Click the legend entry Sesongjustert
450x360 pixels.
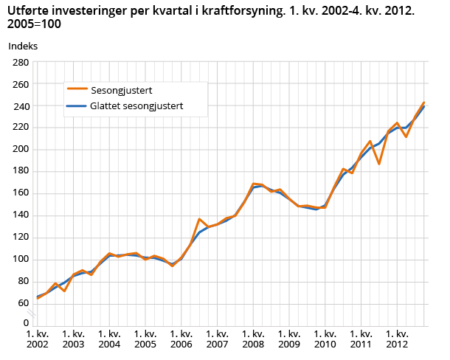pos(121,91)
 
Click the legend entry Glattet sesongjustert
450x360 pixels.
pos(136,106)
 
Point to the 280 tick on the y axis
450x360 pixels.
pos(19,63)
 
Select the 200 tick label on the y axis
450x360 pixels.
pos(19,150)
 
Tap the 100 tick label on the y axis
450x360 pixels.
pos(19,260)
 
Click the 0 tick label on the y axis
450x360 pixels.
pos(25,322)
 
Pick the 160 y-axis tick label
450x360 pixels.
pos(19,194)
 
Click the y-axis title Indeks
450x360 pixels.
pos(23,46)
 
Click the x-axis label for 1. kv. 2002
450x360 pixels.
pos(38,339)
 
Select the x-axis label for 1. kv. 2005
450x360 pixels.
pos(145,339)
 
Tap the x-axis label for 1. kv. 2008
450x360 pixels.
pos(253,339)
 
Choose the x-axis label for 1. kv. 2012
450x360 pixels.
pos(397,339)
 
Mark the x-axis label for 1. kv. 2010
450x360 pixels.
pos(325,339)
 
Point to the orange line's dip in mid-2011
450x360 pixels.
pos(379,163)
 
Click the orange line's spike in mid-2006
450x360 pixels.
pos(199,219)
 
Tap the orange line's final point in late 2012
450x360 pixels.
pos(424,103)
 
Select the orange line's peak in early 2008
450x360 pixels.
pos(254,184)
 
